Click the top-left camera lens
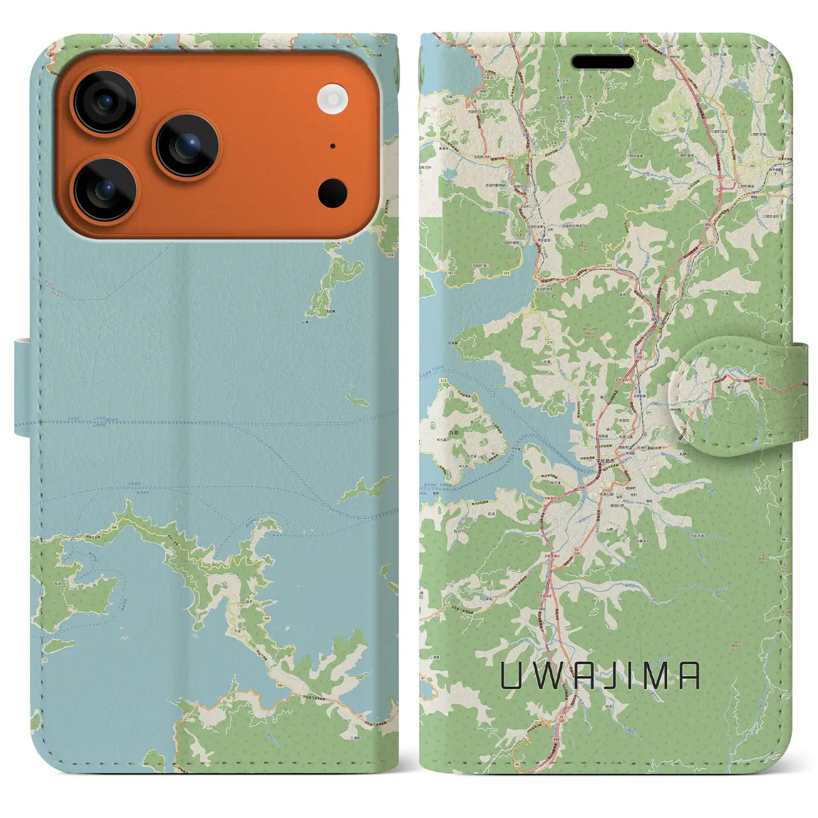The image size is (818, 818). tap(104, 102)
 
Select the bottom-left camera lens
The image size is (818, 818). tap(104, 190)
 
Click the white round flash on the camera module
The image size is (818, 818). tap(332, 99)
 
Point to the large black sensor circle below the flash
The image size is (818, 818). tap(332, 192)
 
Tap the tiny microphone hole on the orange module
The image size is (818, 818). tap(332, 146)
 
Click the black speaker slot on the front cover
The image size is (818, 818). tap(603, 62)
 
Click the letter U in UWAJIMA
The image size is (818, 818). tap(513, 675)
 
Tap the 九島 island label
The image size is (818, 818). tap(436, 433)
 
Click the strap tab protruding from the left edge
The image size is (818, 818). tap(22, 388)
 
